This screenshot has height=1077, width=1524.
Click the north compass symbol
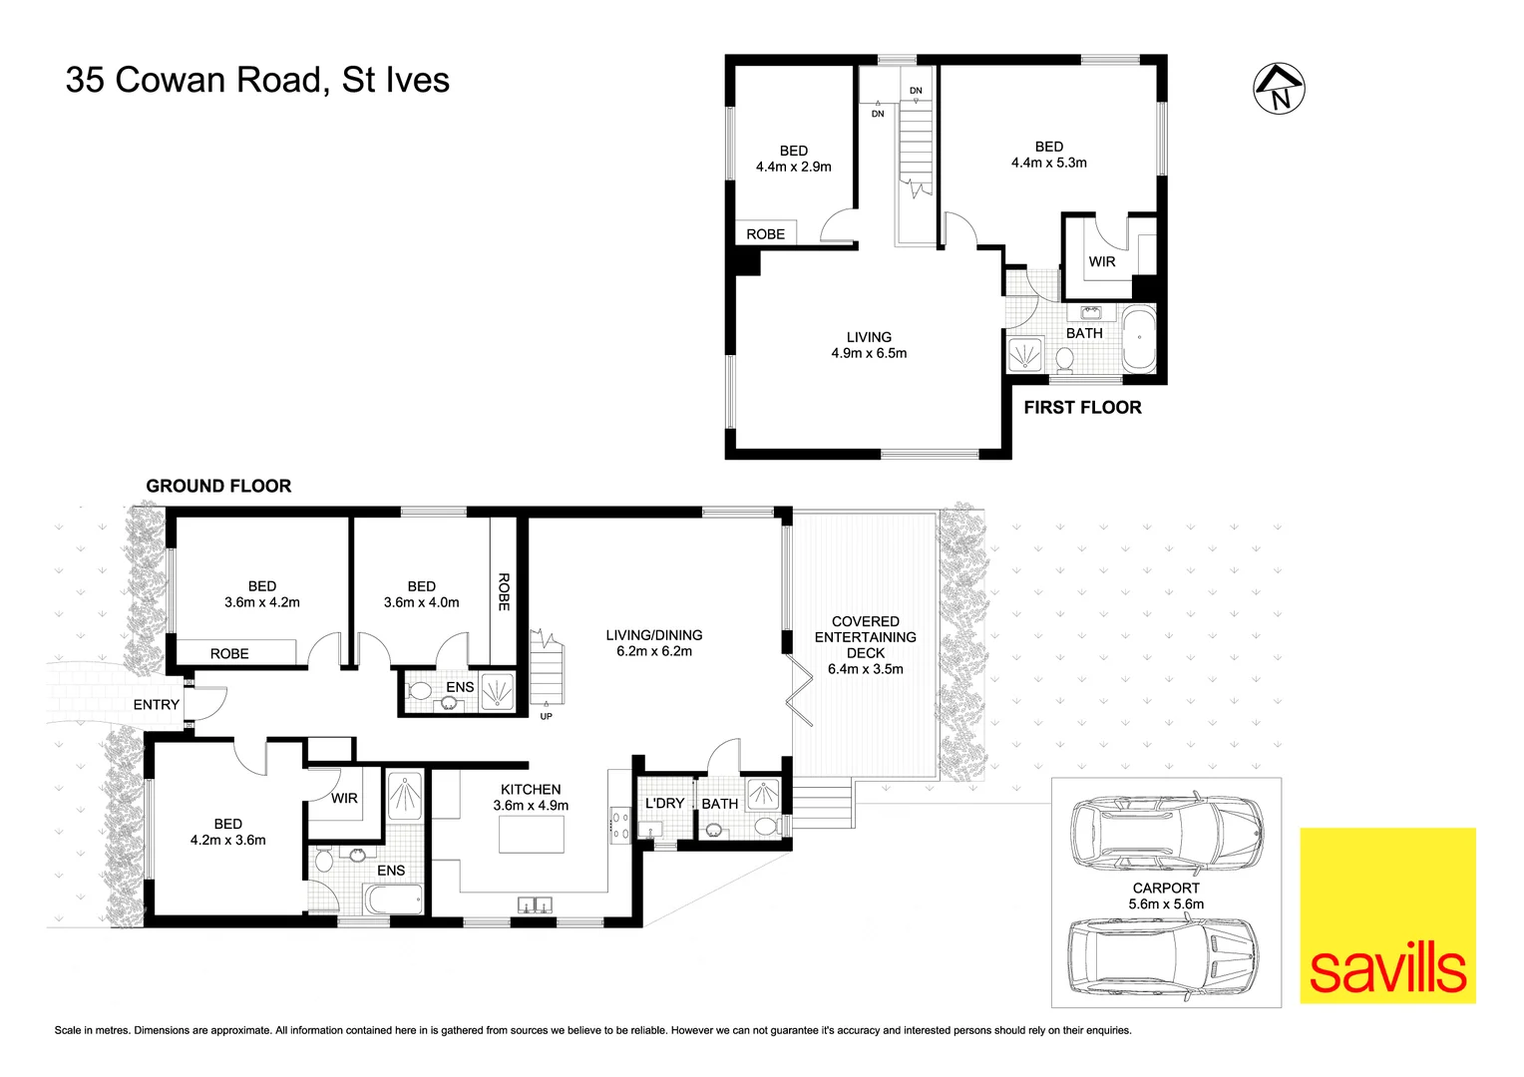pyautogui.click(x=1280, y=89)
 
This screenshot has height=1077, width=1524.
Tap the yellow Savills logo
pyautogui.click(x=1387, y=914)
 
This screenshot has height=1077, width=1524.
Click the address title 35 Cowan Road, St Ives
pyautogui.click(x=257, y=80)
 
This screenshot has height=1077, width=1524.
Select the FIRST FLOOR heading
pyautogui.click(x=1082, y=407)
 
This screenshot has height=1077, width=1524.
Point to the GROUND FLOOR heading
pyautogui.click(x=218, y=486)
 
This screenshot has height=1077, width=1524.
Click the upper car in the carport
pyautogui.click(x=1166, y=831)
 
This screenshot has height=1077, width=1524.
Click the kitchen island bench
pyautogui.click(x=531, y=834)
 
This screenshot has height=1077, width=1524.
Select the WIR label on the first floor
pyautogui.click(x=1102, y=261)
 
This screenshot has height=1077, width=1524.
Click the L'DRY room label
pyautogui.click(x=664, y=803)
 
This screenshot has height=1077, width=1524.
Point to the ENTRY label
pyautogui.click(x=157, y=704)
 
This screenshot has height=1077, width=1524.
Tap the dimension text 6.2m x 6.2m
pyautogui.click(x=654, y=651)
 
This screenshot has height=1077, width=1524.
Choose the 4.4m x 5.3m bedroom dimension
pyautogui.click(x=1049, y=163)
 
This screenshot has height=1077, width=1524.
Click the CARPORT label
pyautogui.click(x=1166, y=888)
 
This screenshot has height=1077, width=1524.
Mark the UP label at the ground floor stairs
pyautogui.click(x=546, y=716)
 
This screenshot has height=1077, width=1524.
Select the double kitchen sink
pyautogui.click(x=535, y=904)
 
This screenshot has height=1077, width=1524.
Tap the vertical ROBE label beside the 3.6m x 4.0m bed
pyautogui.click(x=504, y=591)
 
